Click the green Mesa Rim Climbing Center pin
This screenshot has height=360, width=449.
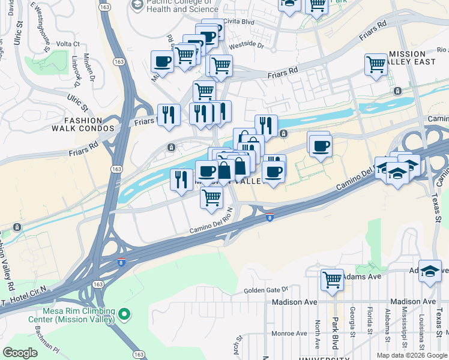pos(124,314)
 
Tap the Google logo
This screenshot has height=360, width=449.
pos(21,353)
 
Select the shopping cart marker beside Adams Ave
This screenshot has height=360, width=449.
pos(332,279)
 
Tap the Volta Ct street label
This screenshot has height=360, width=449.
pos(68,44)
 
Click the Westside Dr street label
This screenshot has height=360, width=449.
pos(246,44)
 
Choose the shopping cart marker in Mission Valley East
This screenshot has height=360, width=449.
pos(376,63)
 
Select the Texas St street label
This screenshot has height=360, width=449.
pos(438,208)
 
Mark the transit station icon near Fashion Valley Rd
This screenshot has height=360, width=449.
pos(17,227)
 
